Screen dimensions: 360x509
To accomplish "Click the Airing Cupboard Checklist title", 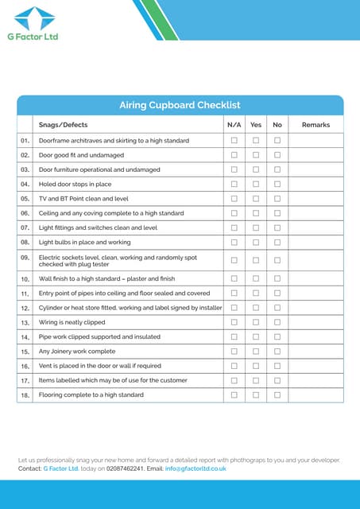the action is pyautogui.click(x=180, y=105).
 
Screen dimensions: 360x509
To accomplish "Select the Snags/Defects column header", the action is pyautogui.click(x=64, y=125).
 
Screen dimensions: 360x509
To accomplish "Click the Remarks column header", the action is pyautogui.click(x=315, y=125).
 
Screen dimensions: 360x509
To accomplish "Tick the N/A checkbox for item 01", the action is pyautogui.click(x=234, y=141).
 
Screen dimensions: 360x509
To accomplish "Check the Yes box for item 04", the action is pyautogui.click(x=256, y=184).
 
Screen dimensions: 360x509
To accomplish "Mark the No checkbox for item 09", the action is pyautogui.click(x=277, y=260).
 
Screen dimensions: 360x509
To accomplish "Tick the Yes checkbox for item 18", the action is pyautogui.click(x=256, y=394).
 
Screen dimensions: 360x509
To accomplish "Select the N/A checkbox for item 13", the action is pyautogui.click(x=234, y=322).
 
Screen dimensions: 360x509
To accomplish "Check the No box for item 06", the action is pyautogui.click(x=277, y=213).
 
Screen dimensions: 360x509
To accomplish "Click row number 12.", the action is pyautogui.click(x=25, y=308).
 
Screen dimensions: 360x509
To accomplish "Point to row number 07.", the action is pyautogui.click(x=25, y=227).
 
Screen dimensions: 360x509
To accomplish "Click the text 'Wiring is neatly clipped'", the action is pyautogui.click(x=72, y=322).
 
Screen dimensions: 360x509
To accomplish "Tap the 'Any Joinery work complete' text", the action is pyautogui.click(x=77, y=351).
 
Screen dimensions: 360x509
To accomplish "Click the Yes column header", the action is pyautogui.click(x=256, y=125).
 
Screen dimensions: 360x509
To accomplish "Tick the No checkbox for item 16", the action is pyautogui.click(x=277, y=366).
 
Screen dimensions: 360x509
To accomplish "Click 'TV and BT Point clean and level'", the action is pyautogui.click(x=83, y=198).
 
